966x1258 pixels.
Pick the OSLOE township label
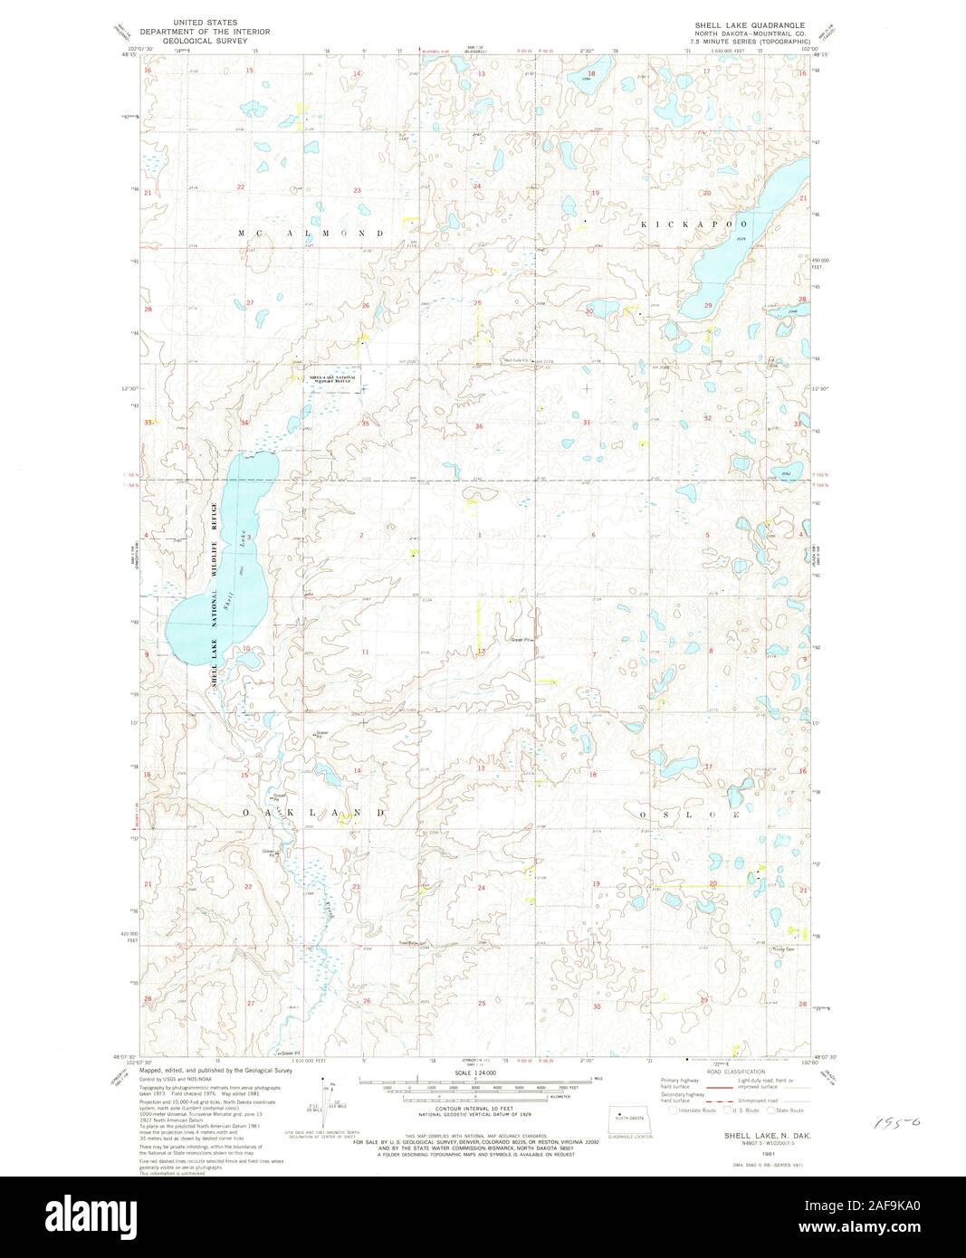tap(690, 815)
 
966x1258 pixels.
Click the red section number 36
tap(478, 425)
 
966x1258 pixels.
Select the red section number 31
tap(587, 422)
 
